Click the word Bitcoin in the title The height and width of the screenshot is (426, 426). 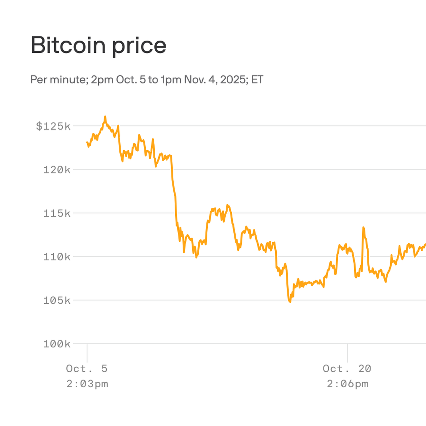click(68, 45)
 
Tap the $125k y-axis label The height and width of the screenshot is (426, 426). click(53, 126)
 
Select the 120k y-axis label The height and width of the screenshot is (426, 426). click(57, 170)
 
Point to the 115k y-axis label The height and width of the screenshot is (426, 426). click(57, 214)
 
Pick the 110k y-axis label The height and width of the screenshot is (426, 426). click(57, 257)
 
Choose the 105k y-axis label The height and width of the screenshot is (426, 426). click(57, 301)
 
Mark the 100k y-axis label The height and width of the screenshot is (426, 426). click(57, 344)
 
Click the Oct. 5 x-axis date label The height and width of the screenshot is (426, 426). click(87, 369)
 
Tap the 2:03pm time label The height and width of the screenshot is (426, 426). click(87, 384)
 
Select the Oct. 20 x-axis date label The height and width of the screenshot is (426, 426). click(347, 369)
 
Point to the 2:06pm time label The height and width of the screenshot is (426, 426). click(347, 384)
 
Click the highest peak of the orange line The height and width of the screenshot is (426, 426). click(105, 117)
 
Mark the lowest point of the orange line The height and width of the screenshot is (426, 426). click(290, 302)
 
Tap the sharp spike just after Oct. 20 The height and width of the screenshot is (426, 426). click(363, 228)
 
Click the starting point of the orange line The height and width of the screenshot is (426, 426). click(87, 143)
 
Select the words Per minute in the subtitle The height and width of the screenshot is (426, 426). click(58, 80)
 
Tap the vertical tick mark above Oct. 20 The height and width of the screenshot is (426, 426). click(347, 353)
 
